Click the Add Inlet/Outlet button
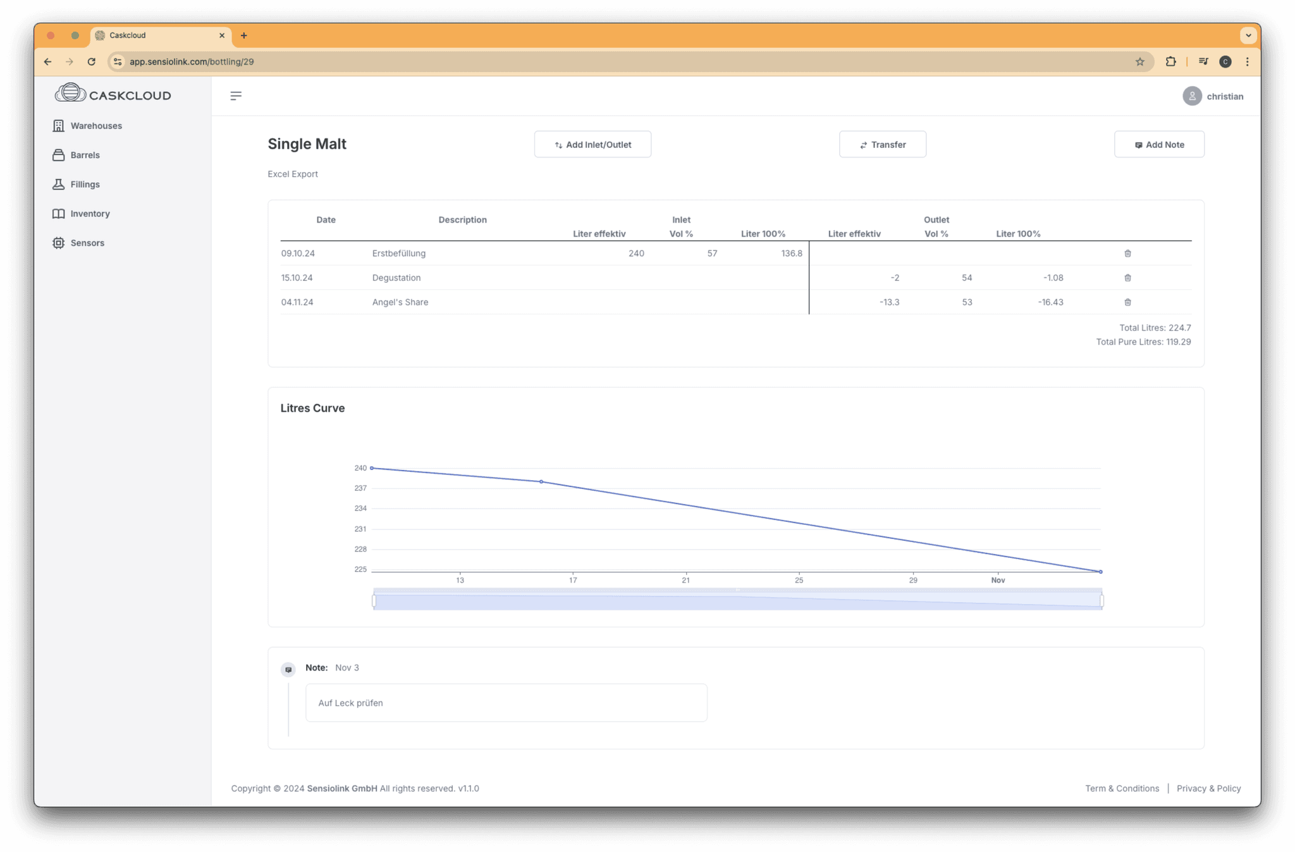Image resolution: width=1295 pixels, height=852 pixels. coord(592,144)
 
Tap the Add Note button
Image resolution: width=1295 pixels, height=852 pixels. coord(1159,144)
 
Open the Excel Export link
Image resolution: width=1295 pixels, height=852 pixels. coord(293,174)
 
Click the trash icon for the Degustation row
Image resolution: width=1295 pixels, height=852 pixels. coord(1127,278)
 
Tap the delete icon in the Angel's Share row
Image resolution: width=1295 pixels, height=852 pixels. coord(1127,302)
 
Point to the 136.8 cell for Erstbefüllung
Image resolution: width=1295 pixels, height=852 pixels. coord(792,253)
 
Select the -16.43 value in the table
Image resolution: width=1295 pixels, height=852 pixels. coord(1050,302)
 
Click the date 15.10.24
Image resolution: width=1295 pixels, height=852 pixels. coord(297,278)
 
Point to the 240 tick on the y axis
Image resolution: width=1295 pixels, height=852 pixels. coord(360,468)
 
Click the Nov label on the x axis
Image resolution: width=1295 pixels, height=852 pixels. coord(998,580)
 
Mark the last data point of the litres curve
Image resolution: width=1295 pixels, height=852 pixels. coord(1101,572)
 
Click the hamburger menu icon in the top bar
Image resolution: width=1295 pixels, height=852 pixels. coord(236,96)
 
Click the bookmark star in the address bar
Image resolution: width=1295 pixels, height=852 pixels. coord(1139,61)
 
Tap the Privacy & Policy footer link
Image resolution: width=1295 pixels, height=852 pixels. coord(1208,788)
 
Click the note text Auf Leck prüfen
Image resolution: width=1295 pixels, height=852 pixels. coord(350,703)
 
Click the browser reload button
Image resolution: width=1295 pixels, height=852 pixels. coord(92,61)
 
